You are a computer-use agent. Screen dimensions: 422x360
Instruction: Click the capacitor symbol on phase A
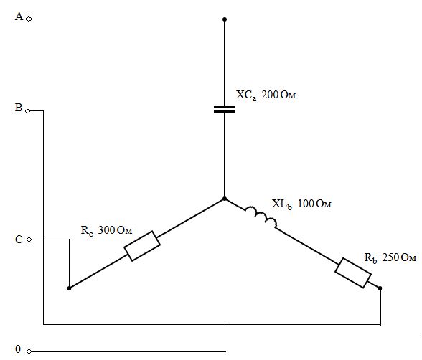[225, 109]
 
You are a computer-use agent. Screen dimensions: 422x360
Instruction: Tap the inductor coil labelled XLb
[261, 217]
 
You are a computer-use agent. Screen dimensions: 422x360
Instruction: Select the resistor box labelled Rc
[142, 246]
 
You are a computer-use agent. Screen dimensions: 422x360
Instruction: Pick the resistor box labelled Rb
[353, 273]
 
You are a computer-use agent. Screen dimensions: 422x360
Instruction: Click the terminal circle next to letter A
[29, 19]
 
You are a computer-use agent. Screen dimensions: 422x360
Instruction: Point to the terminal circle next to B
[28, 111]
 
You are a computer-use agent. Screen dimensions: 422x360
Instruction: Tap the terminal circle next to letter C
[29, 240]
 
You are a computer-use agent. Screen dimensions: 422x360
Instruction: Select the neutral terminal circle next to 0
[29, 351]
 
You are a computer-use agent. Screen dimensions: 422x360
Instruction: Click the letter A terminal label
[19, 16]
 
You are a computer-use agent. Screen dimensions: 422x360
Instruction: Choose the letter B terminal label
[19, 108]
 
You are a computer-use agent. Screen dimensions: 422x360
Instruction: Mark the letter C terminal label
[19, 240]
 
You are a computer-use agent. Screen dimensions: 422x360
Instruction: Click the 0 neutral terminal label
[18, 349]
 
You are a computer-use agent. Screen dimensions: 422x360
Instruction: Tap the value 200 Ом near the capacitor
[278, 95]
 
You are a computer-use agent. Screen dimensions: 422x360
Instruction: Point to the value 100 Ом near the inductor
[314, 204]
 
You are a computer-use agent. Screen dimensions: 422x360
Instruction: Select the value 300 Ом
[115, 230]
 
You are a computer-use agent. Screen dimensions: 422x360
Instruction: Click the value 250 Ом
[399, 257]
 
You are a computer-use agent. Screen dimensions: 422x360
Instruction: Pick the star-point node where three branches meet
[225, 199]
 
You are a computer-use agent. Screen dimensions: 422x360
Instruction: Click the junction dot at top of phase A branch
[225, 19]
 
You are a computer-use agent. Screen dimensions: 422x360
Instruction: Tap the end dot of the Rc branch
[69, 288]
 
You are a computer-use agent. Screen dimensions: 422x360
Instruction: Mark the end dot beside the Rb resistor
[380, 288]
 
